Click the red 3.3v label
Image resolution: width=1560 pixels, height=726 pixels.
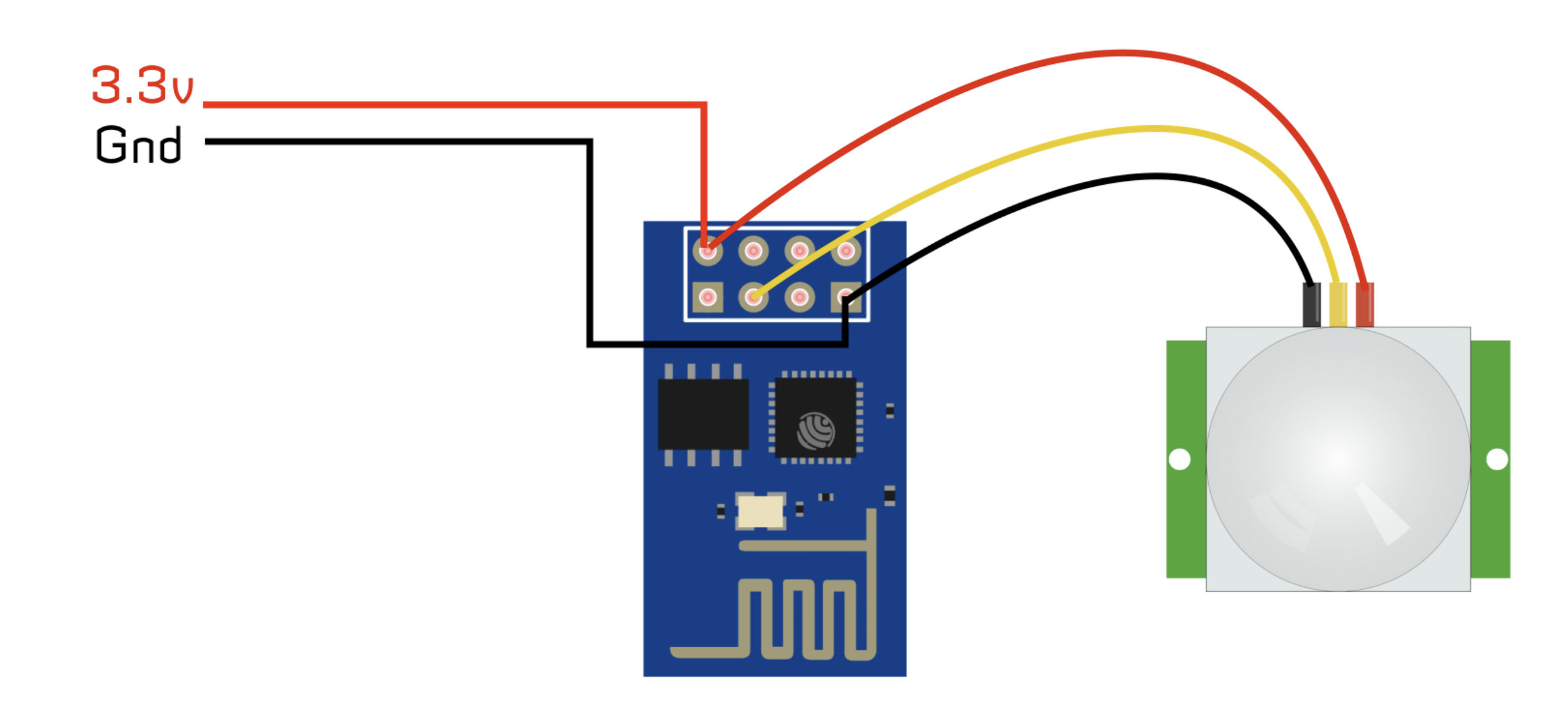click(142, 85)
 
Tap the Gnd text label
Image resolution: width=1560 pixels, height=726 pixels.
click(138, 145)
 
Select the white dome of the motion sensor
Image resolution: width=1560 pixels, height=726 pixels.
click(1337, 459)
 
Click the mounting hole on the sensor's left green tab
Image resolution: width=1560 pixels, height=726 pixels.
click(1180, 459)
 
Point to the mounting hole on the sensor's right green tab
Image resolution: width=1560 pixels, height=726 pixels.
click(1497, 459)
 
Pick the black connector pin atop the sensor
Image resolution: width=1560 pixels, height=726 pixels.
click(1311, 305)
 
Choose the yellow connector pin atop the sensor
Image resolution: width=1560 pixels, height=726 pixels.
click(1339, 305)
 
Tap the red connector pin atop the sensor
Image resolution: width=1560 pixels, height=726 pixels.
click(1364, 305)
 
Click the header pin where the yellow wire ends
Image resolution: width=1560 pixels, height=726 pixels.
click(754, 297)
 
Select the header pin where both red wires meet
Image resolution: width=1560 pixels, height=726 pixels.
click(708, 251)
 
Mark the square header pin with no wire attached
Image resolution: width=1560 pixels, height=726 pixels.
click(708, 297)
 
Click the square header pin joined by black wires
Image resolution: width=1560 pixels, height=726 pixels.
click(846, 297)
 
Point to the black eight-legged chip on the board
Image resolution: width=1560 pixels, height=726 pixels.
click(703, 414)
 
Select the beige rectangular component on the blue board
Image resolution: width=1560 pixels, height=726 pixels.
click(761, 512)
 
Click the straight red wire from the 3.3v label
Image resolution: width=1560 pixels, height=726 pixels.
click(452, 105)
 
